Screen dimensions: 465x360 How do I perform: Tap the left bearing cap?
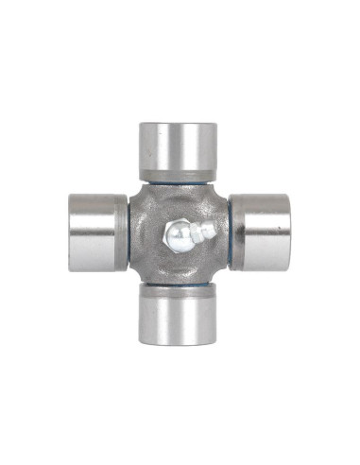96,231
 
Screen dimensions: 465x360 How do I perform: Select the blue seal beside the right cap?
227,232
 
